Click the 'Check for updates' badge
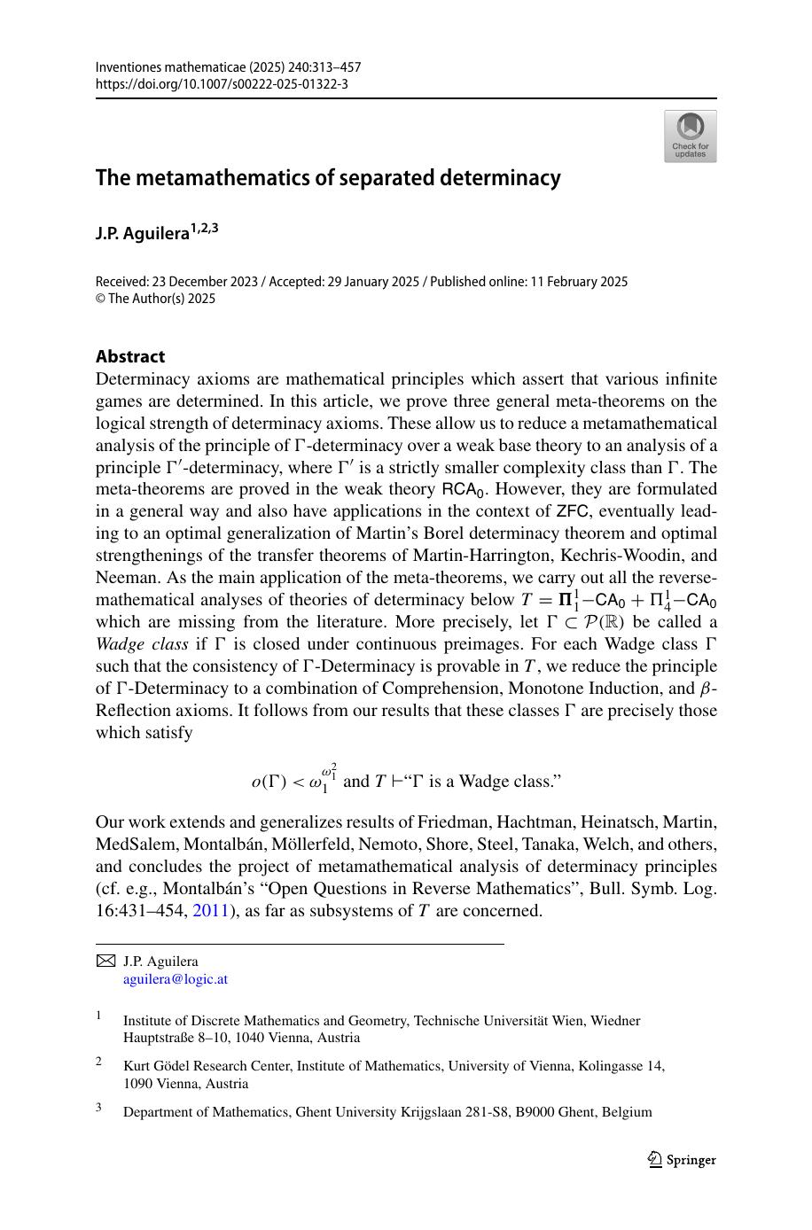click(690, 136)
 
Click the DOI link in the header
click(221, 84)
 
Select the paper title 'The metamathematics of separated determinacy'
click(328, 178)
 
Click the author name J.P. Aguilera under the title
click(142, 234)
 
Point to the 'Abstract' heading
click(130, 356)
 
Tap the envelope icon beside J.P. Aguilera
click(105, 961)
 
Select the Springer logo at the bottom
click(681, 1160)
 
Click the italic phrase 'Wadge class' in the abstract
click(141, 644)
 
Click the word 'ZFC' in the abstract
click(574, 511)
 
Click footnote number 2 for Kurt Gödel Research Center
click(99, 1061)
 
